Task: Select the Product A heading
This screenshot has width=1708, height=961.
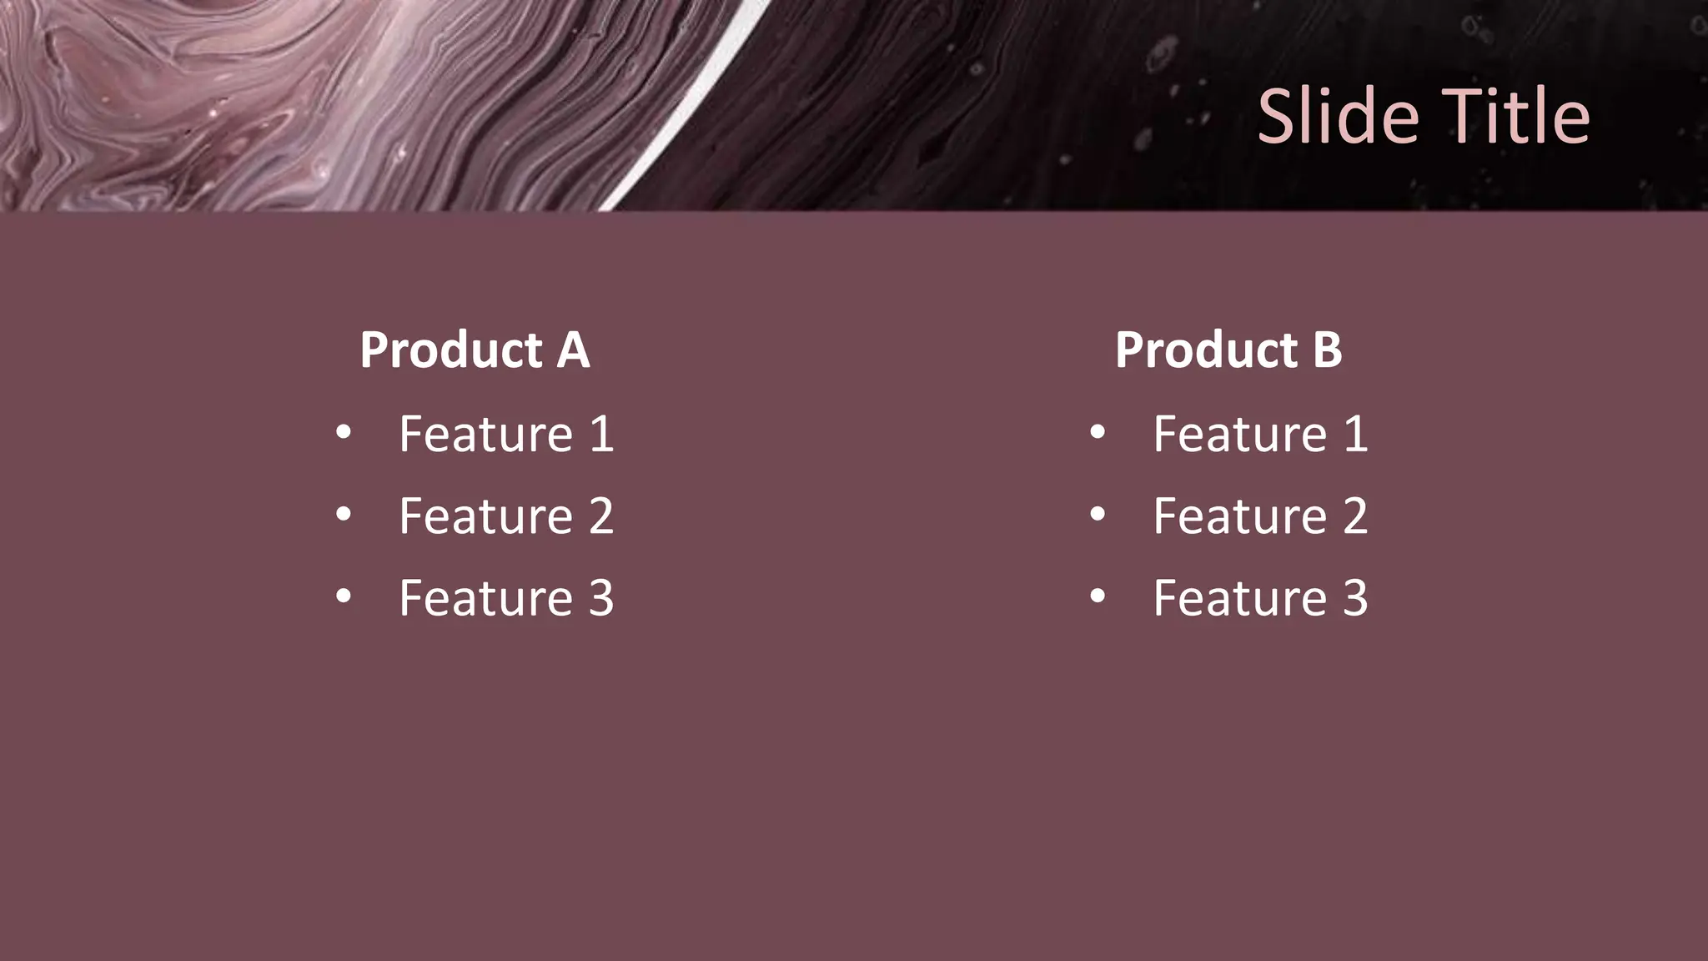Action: coord(475,350)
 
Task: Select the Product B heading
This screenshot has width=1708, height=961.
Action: coord(1228,350)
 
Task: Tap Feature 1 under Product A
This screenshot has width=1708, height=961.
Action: coord(506,434)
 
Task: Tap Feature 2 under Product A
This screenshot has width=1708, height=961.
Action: coord(506,516)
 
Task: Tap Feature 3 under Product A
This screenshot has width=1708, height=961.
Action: coord(506,597)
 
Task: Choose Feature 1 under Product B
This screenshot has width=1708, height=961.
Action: coord(1260,434)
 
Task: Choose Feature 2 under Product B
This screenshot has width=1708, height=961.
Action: coord(1260,516)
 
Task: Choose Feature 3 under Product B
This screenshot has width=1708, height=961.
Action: coord(1260,597)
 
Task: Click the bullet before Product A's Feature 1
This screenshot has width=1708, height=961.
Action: coord(344,432)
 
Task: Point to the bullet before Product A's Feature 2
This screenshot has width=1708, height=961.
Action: coord(344,514)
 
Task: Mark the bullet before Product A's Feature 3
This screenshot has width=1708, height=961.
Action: coord(344,596)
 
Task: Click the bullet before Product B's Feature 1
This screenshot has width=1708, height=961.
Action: coord(1098,432)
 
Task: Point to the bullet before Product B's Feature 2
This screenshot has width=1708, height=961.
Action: coord(1098,514)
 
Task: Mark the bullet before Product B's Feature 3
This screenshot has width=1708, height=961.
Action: coord(1098,596)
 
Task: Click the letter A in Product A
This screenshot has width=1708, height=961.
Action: coord(573,350)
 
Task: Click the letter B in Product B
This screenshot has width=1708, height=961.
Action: coord(1327,350)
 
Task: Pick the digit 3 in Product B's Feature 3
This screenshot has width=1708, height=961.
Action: coord(1355,597)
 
